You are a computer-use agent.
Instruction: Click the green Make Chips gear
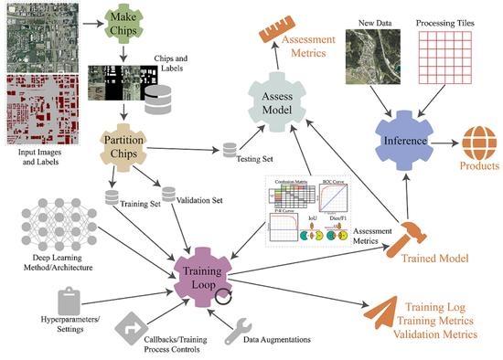point(128,19)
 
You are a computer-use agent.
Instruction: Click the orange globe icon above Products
point(476,140)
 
